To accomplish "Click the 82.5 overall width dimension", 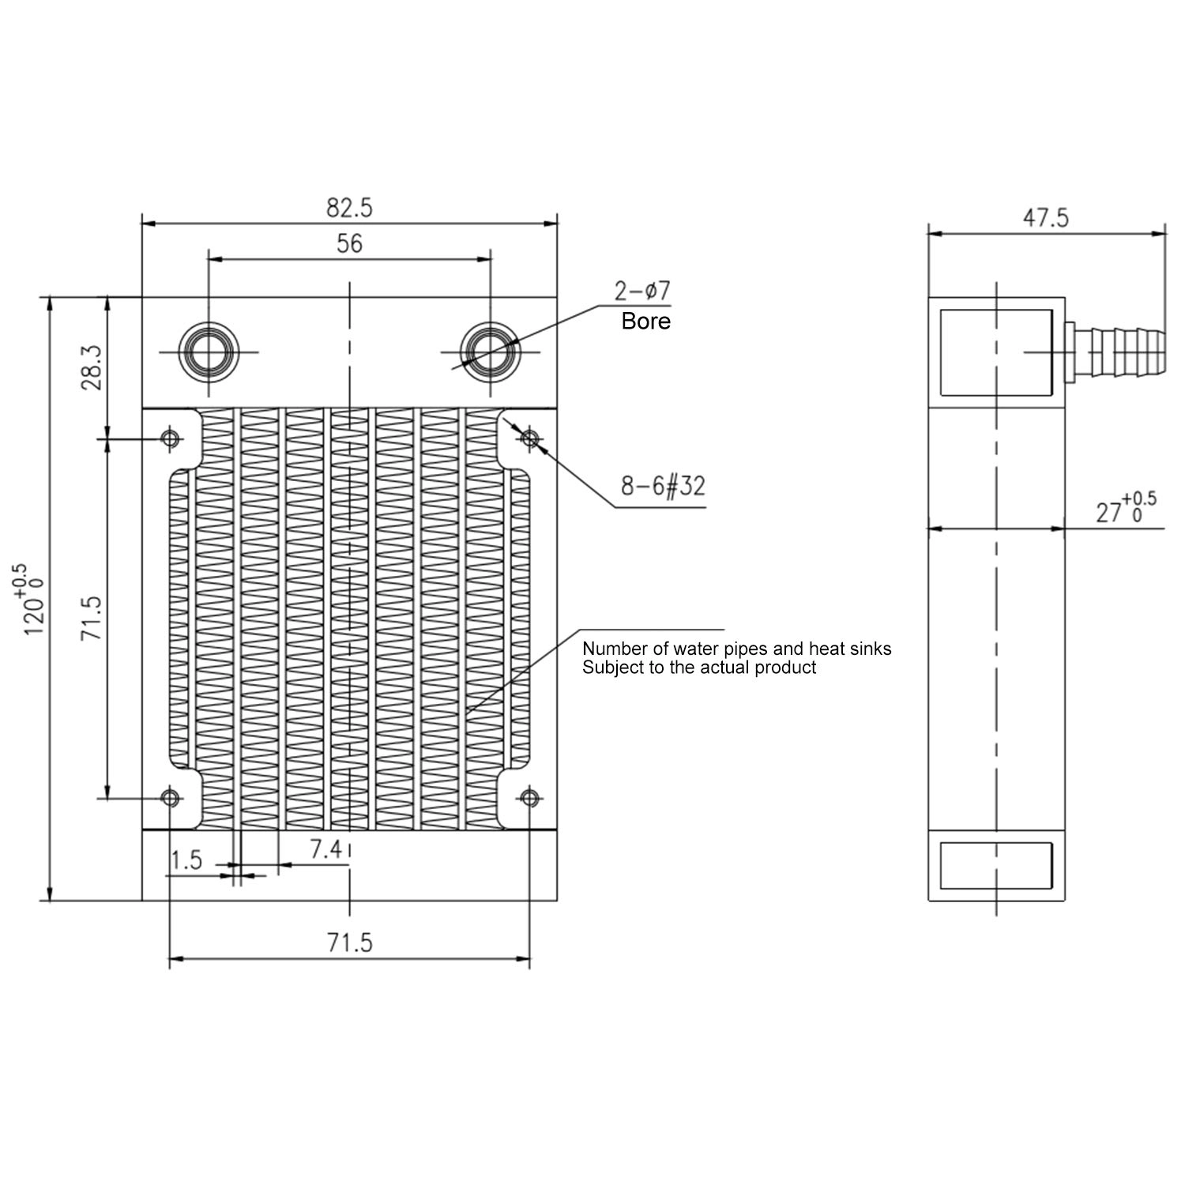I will point(349,208).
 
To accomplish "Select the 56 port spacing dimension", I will point(349,243).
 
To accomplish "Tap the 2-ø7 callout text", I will point(642,292).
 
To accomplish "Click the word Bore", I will point(645,321).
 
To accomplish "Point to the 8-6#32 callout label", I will point(662,486).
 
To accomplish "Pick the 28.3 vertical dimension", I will point(92,367).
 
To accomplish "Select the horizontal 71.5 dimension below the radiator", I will point(349,942).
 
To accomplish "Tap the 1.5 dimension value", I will point(187,860).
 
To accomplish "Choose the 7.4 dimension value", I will point(325,849).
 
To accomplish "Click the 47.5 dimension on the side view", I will point(1046,218).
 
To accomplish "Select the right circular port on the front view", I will point(491,352).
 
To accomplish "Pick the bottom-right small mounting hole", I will point(530,798).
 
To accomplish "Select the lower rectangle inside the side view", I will point(996,864).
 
